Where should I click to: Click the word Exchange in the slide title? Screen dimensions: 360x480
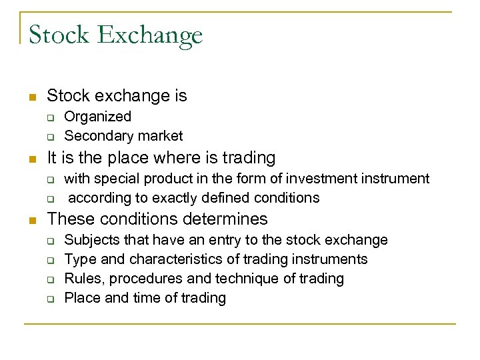(x=150, y=35)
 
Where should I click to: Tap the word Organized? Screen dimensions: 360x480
(x=97, y=117)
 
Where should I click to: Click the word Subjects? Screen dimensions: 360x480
(x=92, y=239)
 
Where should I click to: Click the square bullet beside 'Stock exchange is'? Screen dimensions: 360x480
(x=31, y=97)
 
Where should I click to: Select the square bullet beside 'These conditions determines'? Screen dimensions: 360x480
(x=31, y=219)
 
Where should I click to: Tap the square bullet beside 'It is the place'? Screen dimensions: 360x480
(x=31, y=159)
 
